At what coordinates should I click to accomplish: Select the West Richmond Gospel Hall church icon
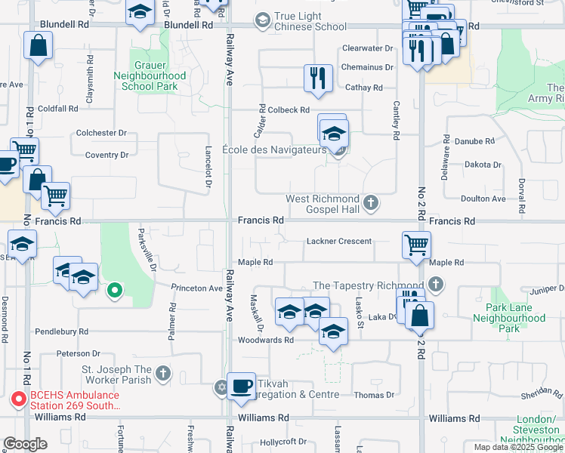(370, 202)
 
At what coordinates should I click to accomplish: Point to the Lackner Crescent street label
(339, 242)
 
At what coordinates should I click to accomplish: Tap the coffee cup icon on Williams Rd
(241, 387)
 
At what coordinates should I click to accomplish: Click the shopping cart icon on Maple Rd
(417, 245)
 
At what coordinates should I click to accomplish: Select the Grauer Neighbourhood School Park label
(150, 82)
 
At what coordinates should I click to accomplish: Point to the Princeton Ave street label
(196, 288)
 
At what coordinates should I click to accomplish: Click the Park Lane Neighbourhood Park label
(514, 318)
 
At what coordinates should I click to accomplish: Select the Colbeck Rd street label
(289, 110)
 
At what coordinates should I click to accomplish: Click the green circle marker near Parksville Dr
(114, 289)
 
